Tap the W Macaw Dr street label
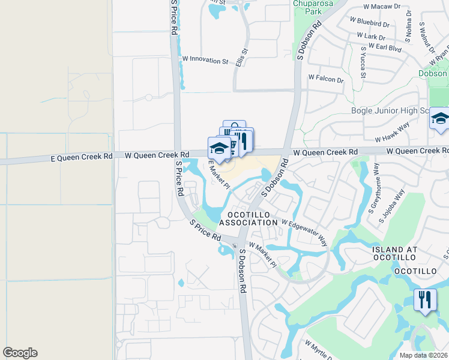[x=381, y=6]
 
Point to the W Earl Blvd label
[x=384, y=46]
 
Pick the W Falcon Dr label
[x=326, y=78]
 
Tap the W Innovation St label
[x=205, y=60]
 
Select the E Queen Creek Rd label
[x=83, y=157]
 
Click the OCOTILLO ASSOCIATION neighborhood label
[x=249, y=218]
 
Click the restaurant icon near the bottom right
[x=425, y=299]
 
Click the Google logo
[x=20, y=353]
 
